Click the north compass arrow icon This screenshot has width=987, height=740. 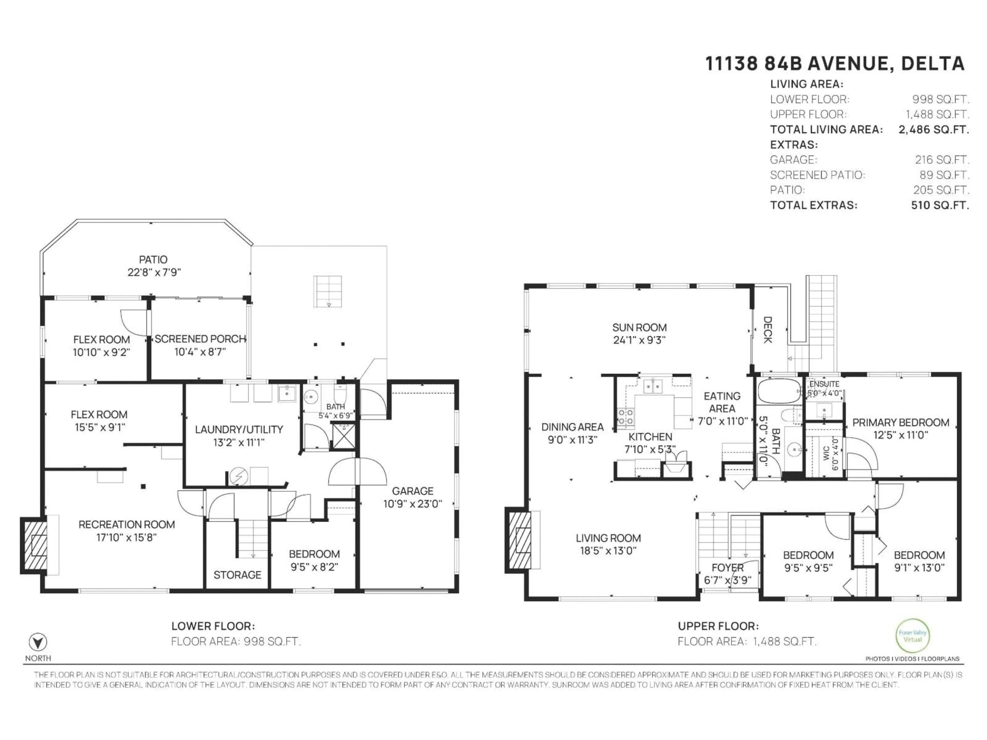(x=38, y=642)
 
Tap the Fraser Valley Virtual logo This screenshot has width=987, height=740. (x=912, y=636)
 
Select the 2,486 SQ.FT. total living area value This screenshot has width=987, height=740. (x=934, y=130)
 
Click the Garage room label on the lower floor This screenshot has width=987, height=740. (x=412, y=491)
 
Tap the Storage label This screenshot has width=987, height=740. (x=237, y=575)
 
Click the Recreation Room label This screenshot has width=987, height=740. (x=127, y=525)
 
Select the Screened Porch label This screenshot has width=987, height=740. (x=200, y=339)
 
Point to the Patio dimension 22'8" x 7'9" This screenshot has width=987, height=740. (x=154, y=272)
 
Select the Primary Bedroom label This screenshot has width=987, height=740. (x=900, y=422)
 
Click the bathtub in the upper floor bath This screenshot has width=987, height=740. (x=779, y=391)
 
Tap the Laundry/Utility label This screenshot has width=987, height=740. (x=239, y=430)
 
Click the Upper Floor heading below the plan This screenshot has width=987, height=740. (x=718, y=626)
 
